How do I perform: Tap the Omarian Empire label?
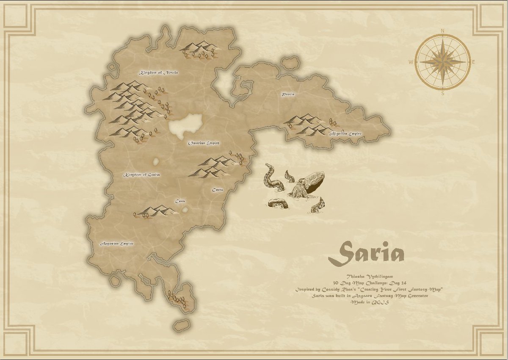[204, 143]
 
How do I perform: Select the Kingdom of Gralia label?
[141, 174]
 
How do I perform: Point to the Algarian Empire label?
[346, 134]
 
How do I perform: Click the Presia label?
[288, 94]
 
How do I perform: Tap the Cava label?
[180, 201]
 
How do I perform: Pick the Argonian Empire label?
[117, 244]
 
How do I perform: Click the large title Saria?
[366, 253]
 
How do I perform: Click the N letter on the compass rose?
[443, 30]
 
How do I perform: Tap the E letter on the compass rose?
[473, 62]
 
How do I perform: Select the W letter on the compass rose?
[411, 62]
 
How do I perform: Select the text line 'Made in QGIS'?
[367, 302]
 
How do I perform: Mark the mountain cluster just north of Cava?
[155, 210]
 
